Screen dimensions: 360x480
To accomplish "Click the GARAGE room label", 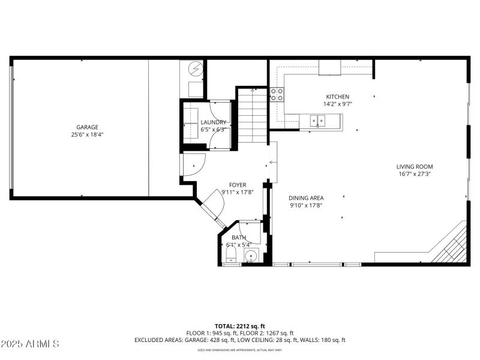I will tap(87, 127).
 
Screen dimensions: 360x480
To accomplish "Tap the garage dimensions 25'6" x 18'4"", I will tap(87, 135).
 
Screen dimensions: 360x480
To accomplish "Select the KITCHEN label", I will tap(337, 97).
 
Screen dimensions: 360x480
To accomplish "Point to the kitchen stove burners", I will tap(277, 94).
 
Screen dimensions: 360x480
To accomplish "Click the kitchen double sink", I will tap(317, 122).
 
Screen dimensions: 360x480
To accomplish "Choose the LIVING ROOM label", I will tap(414, 167).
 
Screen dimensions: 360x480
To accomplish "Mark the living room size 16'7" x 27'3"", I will tap(414, 174).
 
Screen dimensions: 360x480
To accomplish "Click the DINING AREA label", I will tap(306, 198).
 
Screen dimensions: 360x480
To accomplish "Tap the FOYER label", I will tap(238, 185).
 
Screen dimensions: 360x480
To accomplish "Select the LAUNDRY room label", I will tap(213, 122).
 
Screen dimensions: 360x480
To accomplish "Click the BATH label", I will tap(239, 238).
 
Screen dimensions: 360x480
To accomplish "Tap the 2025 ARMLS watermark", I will tap(30, 344).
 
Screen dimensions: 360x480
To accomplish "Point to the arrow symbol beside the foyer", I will tap(273, 162).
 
